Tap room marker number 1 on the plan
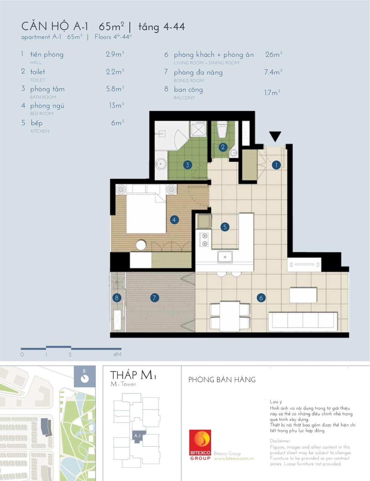point(276,165)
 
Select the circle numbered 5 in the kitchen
point(225,227)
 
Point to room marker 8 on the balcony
point(117,298)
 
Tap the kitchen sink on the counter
point(225,257)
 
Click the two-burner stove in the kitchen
point(204,239)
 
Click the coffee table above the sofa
point(303,295)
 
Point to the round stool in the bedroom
point(141,245)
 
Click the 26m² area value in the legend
point(274,54)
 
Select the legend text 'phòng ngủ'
point(47,106)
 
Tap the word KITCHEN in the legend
point(40,131)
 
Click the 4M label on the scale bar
point(117,355)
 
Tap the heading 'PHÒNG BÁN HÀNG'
point(222,380)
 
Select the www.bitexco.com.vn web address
point(234,459)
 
